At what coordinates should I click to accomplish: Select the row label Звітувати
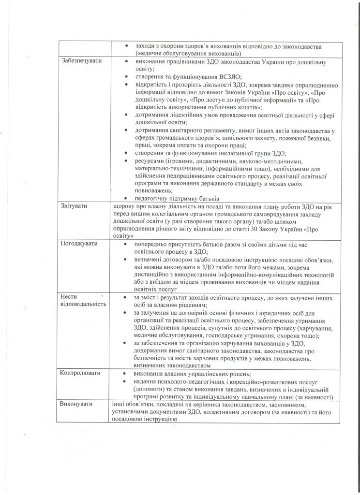[x=74, y=206]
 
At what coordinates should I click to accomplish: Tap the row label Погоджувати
[x=78, y=243]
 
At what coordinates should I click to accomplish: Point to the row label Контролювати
[x=79, y=374]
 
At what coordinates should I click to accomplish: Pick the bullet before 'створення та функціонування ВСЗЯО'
[x=126, y=76]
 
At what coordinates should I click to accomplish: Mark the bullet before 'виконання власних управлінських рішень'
[x=126, y=374]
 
